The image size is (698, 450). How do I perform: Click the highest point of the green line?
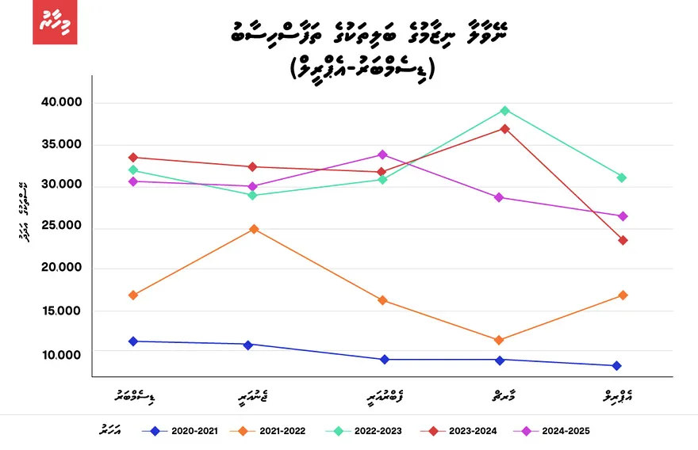pyautogui.click(x=504, y=110)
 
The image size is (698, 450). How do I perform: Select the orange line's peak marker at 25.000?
pyautogui.click(x=254, y=229)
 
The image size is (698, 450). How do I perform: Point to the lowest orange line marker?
pyautogui.click(x=498, y=340)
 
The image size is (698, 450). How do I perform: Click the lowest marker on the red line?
pyautogui.click(x=623, y=240)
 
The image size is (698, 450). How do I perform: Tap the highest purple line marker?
pyautogui.click(x=382, y=154)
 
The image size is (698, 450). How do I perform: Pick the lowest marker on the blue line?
pyautogui.click(x=616, y=365)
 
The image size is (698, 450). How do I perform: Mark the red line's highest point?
pyautogui.click(x=504, y=128)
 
